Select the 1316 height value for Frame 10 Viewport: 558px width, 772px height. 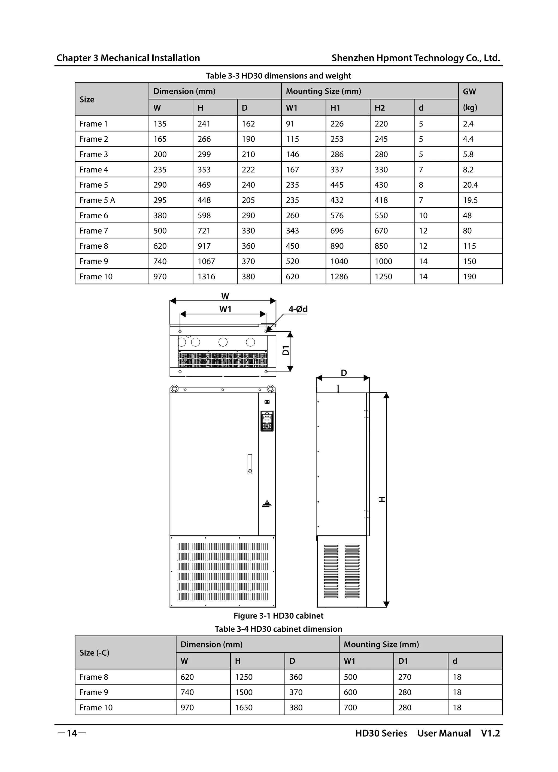206,277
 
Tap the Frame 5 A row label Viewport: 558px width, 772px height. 97,200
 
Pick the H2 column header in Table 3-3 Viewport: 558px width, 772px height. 380,108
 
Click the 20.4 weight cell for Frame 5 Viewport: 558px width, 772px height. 470,185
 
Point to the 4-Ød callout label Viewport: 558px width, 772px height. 298,309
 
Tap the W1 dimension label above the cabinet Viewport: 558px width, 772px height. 225,309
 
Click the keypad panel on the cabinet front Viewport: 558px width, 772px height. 267,421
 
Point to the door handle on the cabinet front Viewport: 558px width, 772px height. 250,464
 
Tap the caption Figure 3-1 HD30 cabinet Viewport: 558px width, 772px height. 278,616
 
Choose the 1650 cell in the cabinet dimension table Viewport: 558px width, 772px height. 244,708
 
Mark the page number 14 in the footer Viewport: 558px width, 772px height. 72,733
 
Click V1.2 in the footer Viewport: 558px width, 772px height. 490,733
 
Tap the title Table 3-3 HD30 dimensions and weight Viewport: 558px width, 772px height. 278,76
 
